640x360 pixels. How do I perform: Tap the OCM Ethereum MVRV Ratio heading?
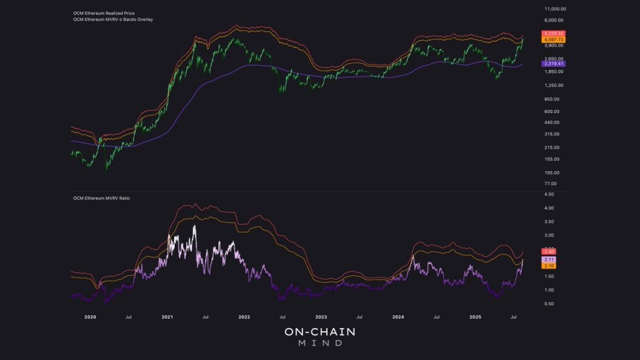point(101,197)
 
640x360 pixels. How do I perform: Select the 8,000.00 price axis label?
point(554,21)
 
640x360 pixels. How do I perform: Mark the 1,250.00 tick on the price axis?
point(554,85)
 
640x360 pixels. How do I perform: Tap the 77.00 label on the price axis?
point(551,184)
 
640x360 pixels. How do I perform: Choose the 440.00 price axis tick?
point(552,122)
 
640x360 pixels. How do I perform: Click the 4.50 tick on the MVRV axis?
point(549,195)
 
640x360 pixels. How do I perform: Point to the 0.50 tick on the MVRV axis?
point(549,304)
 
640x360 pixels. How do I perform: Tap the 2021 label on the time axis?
point(167,316)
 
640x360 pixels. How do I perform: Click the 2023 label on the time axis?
point(321,316)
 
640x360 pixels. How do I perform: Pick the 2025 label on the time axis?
point(475,316)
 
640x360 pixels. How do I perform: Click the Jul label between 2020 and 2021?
point(129,316)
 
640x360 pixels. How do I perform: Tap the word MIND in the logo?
point(319,344)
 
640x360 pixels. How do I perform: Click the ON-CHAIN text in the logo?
point(319,332)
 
